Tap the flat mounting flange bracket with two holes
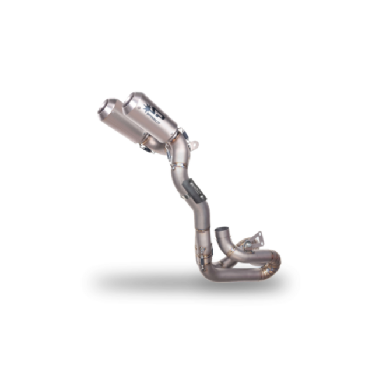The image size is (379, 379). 251,234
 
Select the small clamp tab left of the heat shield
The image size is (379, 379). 181,185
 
